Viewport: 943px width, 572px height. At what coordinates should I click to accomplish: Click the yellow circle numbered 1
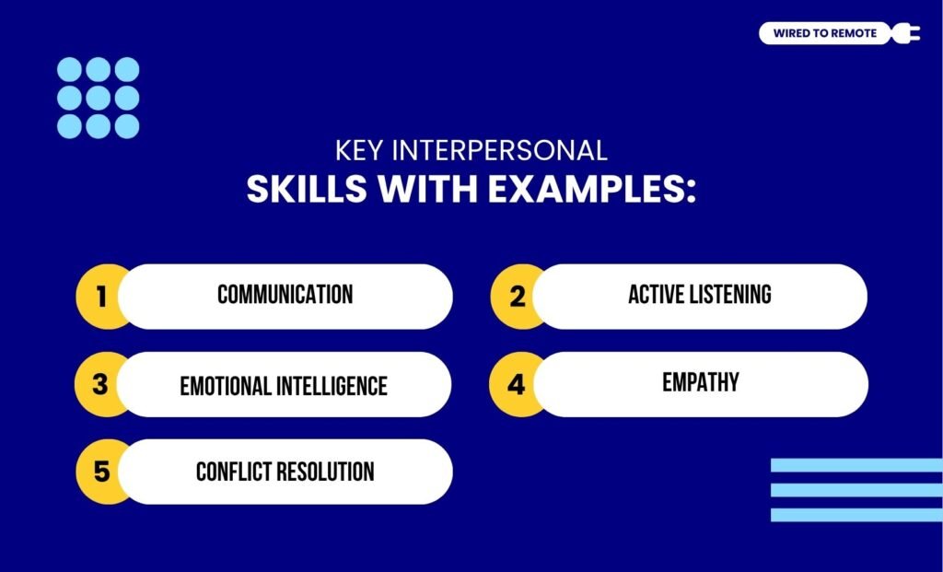(101, 297)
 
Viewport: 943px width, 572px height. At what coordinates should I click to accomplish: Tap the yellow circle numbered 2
(517, 297)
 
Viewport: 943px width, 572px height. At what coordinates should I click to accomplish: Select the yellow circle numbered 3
(100, 384)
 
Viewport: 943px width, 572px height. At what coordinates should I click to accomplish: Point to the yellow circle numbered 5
(101, 472)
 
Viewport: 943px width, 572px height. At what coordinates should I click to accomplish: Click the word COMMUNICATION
(285, 295)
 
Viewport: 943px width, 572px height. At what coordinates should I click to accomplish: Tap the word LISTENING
(728, 295)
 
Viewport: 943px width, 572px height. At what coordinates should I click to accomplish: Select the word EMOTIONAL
(226, 385)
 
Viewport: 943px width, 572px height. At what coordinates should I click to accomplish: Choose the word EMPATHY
(700, 382)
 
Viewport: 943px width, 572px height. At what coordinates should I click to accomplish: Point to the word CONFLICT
(235, 472)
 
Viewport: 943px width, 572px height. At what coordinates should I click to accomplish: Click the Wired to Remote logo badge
(824, 34)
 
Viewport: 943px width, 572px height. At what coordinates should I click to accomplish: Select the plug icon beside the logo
(906, 34)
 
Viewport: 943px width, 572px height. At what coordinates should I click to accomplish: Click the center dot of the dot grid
(98, 98)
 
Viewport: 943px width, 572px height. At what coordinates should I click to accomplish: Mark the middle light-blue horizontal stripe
(856, 490)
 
